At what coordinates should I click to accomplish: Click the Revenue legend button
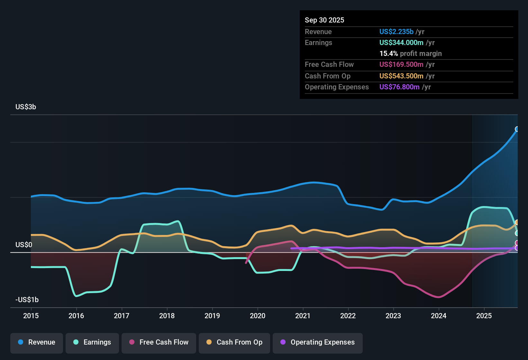click(37, 342)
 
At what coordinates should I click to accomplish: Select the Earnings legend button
click(92, 342)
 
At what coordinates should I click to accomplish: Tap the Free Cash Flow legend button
click(159, 342)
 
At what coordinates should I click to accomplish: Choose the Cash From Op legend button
click(234, 342)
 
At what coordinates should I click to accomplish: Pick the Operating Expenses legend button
click(318, 342)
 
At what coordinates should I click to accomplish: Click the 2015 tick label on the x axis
click(31, 316)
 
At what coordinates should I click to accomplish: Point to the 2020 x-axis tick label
click(258, 316)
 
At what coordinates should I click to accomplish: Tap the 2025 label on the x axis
click(484, 316)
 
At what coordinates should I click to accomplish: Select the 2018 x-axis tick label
click(167, 316)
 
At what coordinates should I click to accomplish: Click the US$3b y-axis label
click(26, 107)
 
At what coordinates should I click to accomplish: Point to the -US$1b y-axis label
click(27, 300)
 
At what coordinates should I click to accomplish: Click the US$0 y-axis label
click(24, 245)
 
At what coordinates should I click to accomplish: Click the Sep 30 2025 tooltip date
click(324, 20)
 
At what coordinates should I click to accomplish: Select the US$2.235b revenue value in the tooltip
click(396, 32)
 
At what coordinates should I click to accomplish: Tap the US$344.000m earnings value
click(401, 42)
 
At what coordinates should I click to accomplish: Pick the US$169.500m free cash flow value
click(401, 64)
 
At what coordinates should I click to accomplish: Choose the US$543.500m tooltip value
click(401, 76)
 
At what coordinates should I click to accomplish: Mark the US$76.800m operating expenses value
click(399, 87)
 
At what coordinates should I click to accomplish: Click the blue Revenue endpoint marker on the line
click(517, 129)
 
